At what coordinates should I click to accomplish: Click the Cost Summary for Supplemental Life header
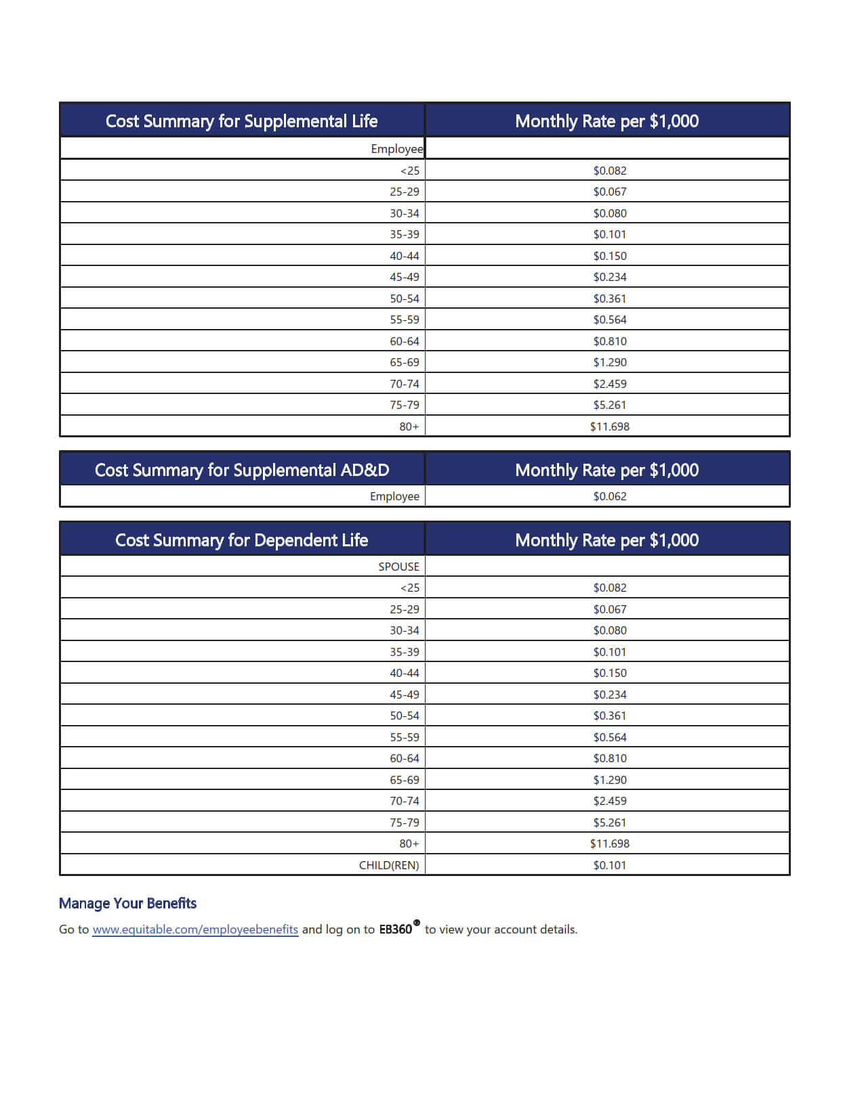(x=241, y=121)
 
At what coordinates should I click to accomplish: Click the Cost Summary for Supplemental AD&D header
(x=241, y=470)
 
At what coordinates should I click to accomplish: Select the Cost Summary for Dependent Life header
(x=241, y=540)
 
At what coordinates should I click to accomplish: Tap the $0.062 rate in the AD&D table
(x=609, y=496)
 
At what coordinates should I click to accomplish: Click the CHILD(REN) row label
(x=388, y=865)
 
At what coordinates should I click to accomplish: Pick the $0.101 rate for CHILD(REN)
(x=609, y=865)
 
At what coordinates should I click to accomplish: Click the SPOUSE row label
(x=398, y=567)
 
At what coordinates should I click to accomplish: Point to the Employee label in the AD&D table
(x=394, y=496)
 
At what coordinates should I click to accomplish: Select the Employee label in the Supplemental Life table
(x=396, y=149)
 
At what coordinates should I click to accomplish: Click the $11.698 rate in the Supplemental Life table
(x=609, y=426)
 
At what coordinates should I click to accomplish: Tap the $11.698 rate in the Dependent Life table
(x=609, y=844)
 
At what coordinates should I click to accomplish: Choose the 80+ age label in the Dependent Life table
(x=409, y=844)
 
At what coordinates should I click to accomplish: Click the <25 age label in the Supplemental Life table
(x=409, y=171)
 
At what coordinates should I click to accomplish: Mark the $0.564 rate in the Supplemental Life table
(x=609, y=320)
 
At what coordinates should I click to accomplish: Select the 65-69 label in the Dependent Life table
(x=404, y=780)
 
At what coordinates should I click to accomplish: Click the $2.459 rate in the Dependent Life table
(x=609, y=801)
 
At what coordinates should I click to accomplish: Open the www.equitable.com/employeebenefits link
(x=195, y=929)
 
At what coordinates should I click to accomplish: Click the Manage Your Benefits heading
(x=127, y=903)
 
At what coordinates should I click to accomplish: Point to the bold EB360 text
(x=395, y=929)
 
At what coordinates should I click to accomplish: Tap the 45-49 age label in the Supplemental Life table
(x=404, y=277)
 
